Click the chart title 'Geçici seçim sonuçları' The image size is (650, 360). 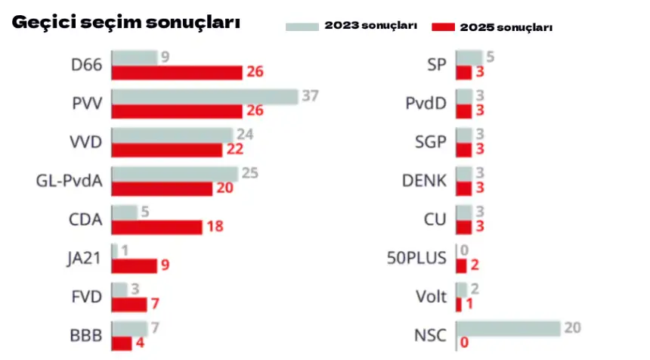(125, 23)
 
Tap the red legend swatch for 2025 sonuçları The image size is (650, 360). (443, 27)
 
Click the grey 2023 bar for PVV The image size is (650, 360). (205, 97)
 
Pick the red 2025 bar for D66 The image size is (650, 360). (177, 72)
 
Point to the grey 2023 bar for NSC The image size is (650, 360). (508, 328)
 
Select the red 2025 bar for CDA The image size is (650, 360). (156, 227)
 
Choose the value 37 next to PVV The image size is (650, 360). (311, 96)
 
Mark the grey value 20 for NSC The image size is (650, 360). (572, 328)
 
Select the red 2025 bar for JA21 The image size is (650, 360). (134, 265)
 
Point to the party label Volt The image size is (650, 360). (432, 296)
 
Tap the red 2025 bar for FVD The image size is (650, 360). (128, 304)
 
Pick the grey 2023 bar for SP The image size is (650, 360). (469, 57)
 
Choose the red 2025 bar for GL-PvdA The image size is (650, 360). (162, 188)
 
